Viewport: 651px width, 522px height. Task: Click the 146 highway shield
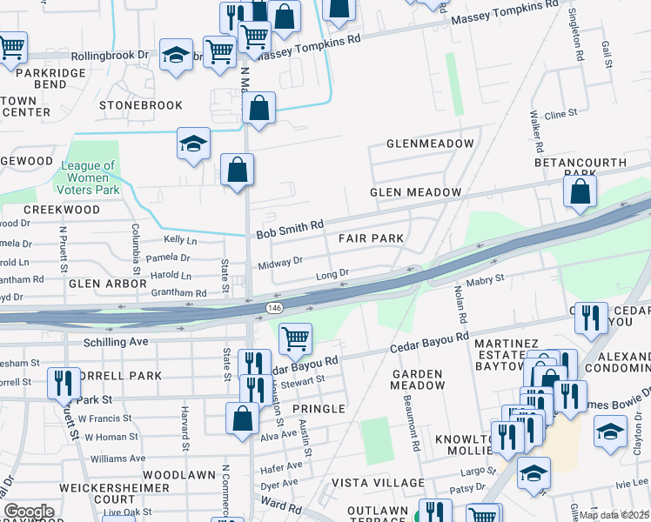click(275, 308)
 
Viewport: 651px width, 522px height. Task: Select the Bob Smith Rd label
click(290, 229)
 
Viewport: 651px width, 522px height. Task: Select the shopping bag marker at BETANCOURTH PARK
click(580, 191)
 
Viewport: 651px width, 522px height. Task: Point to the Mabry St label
click(487, 279)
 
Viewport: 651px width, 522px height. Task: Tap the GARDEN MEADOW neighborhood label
click(418, 378)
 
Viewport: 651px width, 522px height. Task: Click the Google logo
click(29, 511)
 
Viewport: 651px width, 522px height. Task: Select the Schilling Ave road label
click(115, 342)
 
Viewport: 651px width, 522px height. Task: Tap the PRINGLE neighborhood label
click(319, 408)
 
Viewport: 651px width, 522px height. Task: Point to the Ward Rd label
click(280, 503)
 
